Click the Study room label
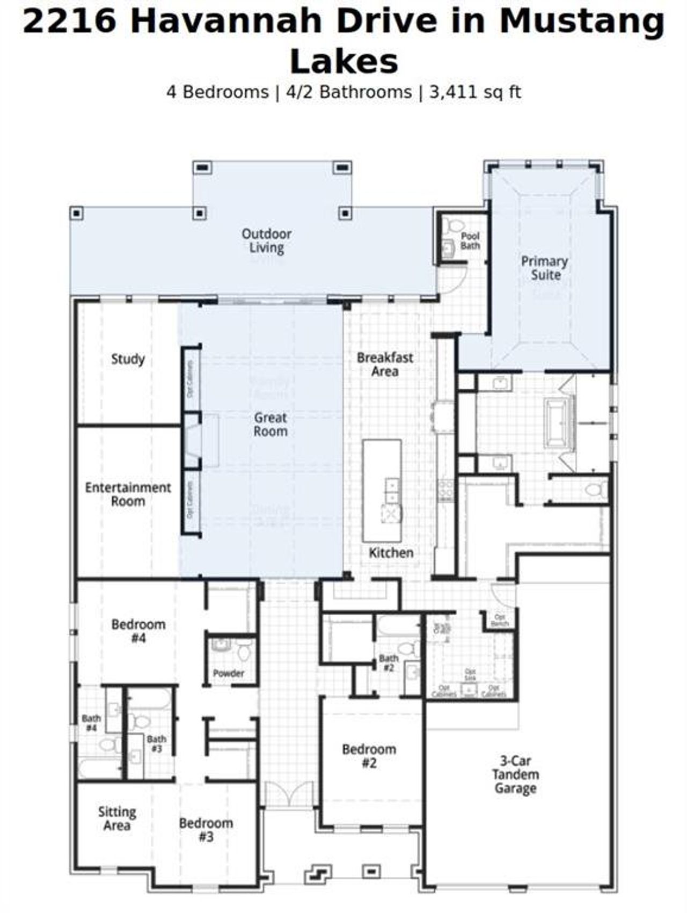pyautogui.click(x=128, y=359)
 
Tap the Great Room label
pyautogui.click(x=271, y=425)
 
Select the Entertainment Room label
pyautogui.click(x=128, y=494)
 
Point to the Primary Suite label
pyautogui.click(x=545, y=268)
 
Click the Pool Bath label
pyautogui.click(x=470, y=241)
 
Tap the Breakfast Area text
pyautogui.click(x=385, y=364)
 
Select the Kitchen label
pyautogui.click(x=391, y=553)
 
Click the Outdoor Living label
pyautogui.click(x=266, y=240)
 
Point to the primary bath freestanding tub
pyautogui.click(x=559, y=423)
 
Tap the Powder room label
pyautogui.click(x=229, y=673)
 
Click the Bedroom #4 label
pyautogui.click(x=138, y=631)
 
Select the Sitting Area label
pyautogui.click(x=117, y=819)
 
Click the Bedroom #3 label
pyautogui.click(x=206, y=830)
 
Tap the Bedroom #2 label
pyautogui.click(x=369, y=756)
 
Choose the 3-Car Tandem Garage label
pyautogui.click(x=515, y=775)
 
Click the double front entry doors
pyautogui.click(x=289, y=794)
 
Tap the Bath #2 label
pyautogui.click(x=389, y=663)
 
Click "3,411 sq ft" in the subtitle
pyautogui.click(x=475, y=92)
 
